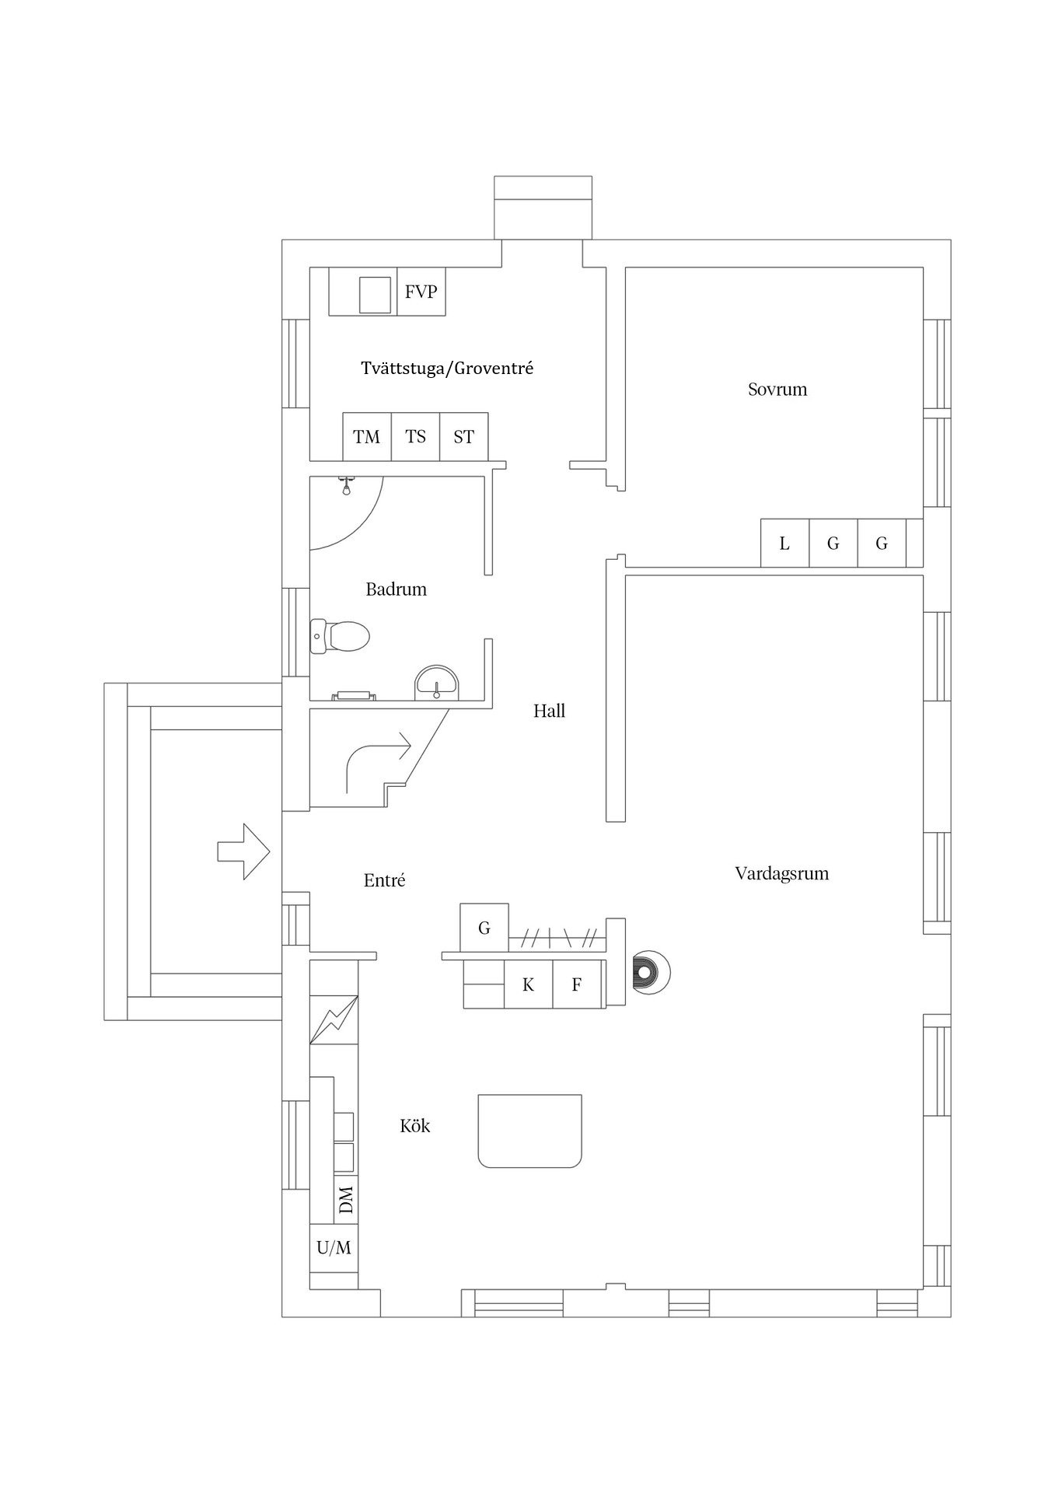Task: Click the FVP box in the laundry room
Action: [421, 292]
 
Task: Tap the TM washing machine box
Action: [367, 436]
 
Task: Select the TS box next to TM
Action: [416, 436]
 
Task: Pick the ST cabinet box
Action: [464, 436]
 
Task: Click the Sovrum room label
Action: [777, 389]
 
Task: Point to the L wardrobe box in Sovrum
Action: [784, 543]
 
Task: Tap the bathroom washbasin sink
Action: [438, 683]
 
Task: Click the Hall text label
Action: [549, 711]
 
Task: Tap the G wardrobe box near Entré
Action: [484, 927]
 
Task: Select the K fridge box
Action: [529, 984]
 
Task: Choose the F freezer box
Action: [577, 984]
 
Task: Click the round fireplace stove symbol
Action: [649, 971]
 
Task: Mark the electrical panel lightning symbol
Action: [334, 1019]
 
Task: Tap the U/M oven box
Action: [334, 1248]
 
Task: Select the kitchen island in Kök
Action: [530, 1130]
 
